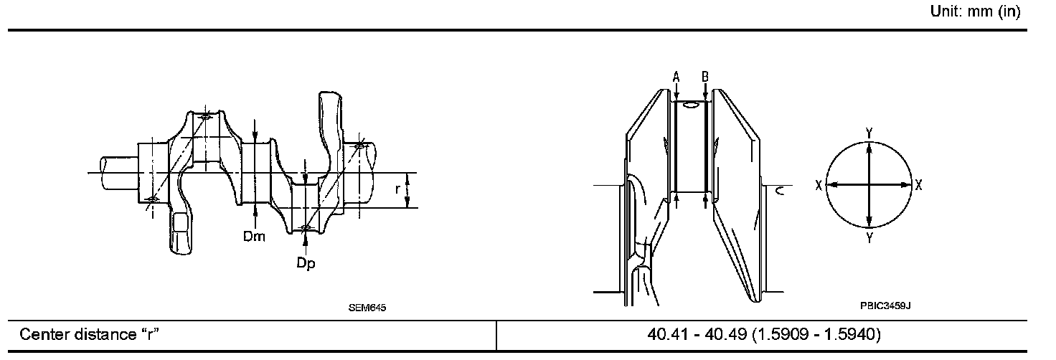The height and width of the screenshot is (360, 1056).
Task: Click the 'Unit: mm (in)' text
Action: coord(975,11)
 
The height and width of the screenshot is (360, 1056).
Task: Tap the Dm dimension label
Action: coord(254,236)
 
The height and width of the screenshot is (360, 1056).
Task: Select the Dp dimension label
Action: coord(306,263)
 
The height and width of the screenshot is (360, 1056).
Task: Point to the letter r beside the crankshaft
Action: coord(397,189)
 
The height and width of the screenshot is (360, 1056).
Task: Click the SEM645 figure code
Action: coord(367,308)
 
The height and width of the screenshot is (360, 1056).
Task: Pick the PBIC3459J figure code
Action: coord(885,305)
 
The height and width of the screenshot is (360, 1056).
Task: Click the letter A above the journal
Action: coord(676,76)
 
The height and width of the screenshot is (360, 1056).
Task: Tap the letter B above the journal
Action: coord(704,76)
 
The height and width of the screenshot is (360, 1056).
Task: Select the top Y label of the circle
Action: coord(869,133)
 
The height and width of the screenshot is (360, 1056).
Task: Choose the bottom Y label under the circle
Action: coord(869,238)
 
